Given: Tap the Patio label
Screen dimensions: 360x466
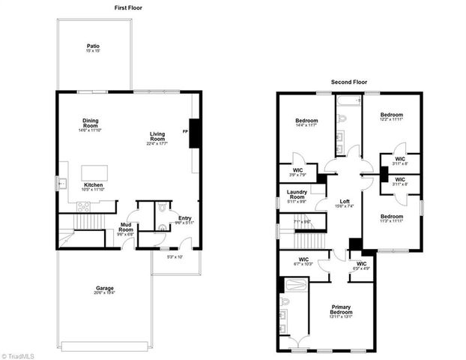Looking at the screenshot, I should click(93, 49).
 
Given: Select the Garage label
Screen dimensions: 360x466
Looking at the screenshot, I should click(104, 290).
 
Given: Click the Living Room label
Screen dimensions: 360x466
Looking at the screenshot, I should click(157, 139).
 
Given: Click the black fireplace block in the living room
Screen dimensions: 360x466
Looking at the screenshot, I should click(194, 133).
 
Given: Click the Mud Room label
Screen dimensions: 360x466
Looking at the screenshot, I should click(126, 230).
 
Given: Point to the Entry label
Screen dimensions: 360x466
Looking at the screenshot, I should click(184, 219).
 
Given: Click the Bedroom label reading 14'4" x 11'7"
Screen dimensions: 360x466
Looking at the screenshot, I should click(306, 124).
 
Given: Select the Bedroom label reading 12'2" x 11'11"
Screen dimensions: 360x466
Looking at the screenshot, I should click(391, 117).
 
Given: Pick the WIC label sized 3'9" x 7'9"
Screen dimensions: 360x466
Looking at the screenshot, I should click(297, 171).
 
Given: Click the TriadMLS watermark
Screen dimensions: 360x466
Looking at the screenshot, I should click(17, 354).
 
